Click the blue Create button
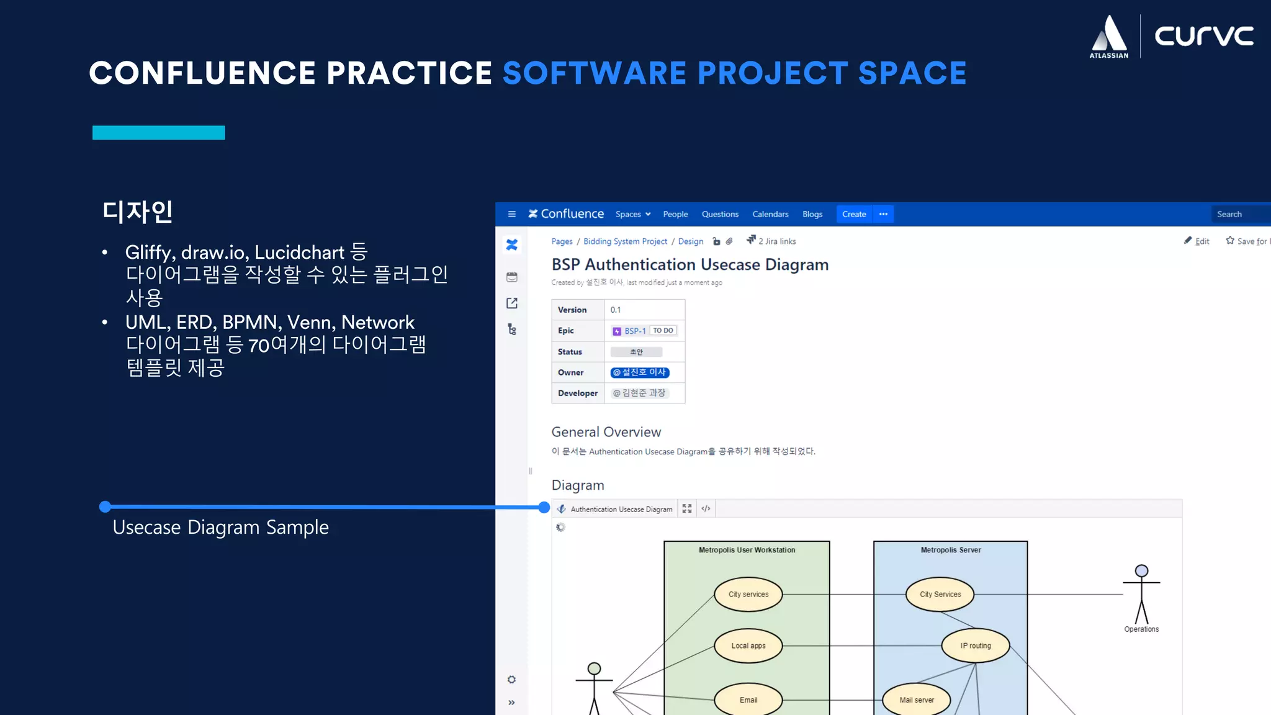(853, 214)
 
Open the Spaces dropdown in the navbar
(632, 214)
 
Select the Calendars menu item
(770, 214)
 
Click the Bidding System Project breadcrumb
(625, 241)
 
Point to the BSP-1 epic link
(634, 331)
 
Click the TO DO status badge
(663, 331)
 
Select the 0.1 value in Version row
(616, 310)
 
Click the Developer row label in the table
(577, 393)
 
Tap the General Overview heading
(606, 432)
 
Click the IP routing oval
(975, 645)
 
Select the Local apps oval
(748, 645)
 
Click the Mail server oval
(916, 700)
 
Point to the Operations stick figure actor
(1141, 596)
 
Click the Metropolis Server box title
(950, 550)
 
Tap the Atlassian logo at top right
(1108, 37)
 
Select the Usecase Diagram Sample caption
(220, 528)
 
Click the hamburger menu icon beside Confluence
(511, 214)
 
